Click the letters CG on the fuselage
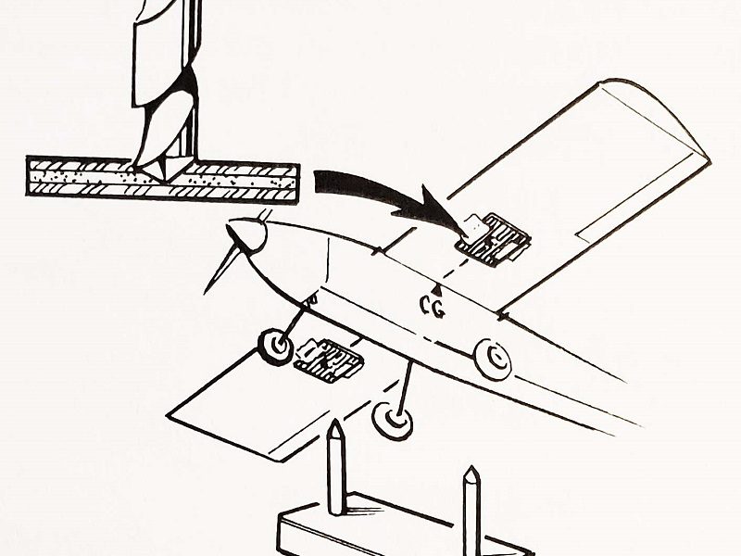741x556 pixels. pyautogui.click(x=433, y=308)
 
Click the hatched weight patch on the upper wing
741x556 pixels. pyautogui.click(x=495, y=239)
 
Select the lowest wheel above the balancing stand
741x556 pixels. pyautogui.click(x=393, y=422)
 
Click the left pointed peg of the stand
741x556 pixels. pyautogui.click(x=335, y=463)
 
